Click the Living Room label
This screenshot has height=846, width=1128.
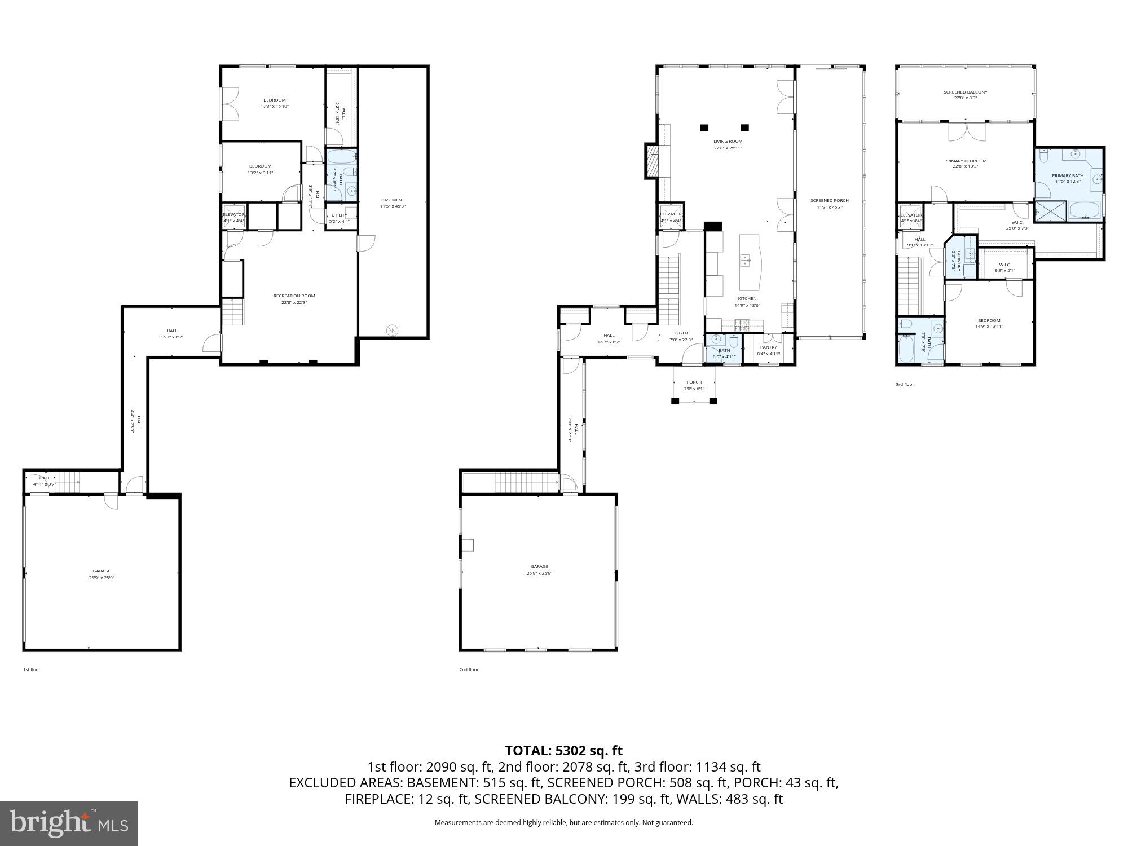(728, 142)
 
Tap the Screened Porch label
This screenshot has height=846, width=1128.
(829, 200)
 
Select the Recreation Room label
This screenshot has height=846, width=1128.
(294, 296)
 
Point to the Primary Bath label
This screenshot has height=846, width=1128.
(1067, 175)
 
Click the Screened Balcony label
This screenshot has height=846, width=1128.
(965, 92)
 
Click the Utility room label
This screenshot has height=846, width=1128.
(339, 215)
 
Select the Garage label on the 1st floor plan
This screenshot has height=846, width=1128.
(102, 571)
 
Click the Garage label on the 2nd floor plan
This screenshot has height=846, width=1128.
(539, 566)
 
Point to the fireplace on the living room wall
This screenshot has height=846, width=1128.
(652, 161)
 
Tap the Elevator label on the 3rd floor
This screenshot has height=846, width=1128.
(911, 215)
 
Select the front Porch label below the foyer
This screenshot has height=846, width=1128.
(694, 382)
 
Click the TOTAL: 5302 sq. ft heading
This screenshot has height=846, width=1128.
(563, 751)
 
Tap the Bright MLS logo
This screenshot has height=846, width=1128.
(69, 823)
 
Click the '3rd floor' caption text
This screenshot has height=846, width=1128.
(905, 384)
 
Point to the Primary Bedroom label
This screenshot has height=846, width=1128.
(965, 161)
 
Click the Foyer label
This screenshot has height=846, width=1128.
(681, 333)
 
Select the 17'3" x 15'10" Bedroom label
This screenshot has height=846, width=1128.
(275, 100)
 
